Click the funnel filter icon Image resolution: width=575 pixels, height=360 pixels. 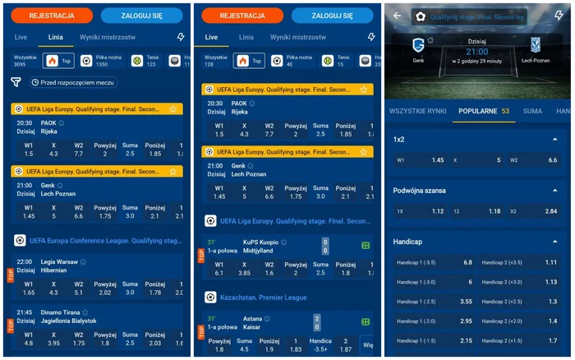[x=16, y=82]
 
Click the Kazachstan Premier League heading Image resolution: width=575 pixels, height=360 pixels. [x=262, y=296]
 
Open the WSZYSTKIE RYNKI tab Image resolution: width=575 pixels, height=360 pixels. [x=417, y=110]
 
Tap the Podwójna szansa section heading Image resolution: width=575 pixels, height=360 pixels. [x=420, y=190]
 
